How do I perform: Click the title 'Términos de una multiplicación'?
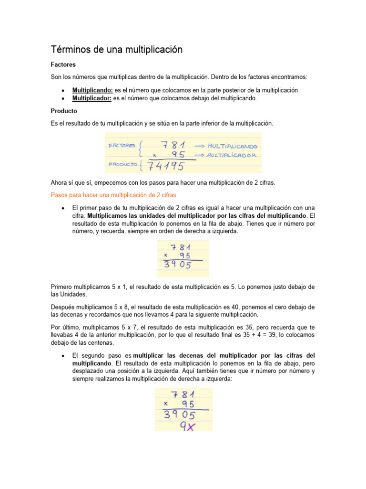coord(117,50)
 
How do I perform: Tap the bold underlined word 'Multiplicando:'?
coord(92,90)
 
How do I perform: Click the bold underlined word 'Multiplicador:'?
coord(91,98)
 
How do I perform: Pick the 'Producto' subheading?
coord(64,111)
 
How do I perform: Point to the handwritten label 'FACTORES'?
coord(122,145)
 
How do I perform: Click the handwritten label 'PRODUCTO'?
coord(123,164)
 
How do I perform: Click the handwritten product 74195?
coord(165,165)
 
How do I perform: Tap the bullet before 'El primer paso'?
coord(63,208)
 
